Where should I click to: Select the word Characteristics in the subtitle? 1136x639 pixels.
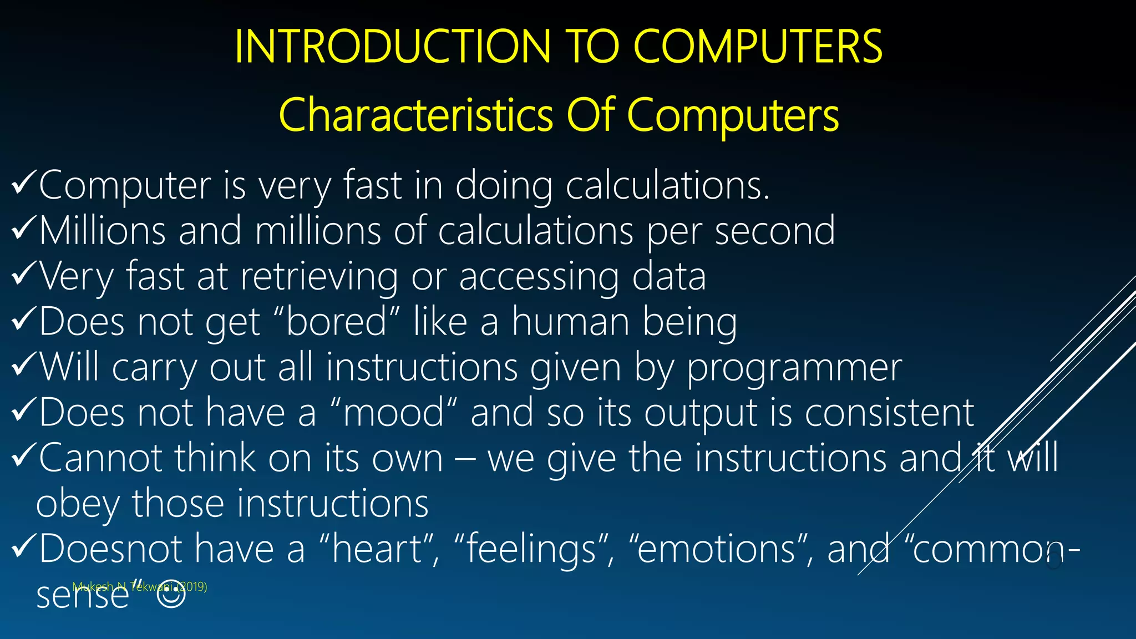415,115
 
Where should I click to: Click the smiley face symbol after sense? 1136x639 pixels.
171,594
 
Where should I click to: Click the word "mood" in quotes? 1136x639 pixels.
394,413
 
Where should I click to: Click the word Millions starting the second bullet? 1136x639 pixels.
103,231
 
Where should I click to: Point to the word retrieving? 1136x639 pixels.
319,276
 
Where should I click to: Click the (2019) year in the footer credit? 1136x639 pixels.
192,586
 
